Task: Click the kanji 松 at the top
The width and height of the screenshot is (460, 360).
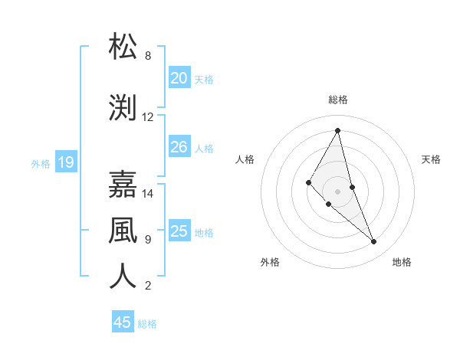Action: (x=123, y=47)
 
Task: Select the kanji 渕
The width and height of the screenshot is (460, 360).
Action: (x=123, y=108)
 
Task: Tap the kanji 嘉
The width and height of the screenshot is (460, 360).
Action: (x=123, y=185)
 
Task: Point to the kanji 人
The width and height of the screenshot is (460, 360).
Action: (x=123, y=277)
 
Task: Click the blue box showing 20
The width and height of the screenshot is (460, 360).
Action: (x=179, y=78)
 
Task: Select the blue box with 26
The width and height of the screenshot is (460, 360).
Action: (x=179, y=147)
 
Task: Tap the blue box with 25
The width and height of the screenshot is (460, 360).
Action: (x=179, y=231)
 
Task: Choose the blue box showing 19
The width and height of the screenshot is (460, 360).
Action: (x=65, y=162)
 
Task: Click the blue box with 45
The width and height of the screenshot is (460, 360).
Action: (x=123, y=322)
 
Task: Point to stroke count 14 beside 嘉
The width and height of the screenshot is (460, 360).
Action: (x=148, y=194)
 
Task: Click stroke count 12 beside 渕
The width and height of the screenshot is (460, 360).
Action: (x=148, y=117)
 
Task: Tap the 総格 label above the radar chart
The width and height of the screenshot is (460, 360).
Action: (x=337, y=100)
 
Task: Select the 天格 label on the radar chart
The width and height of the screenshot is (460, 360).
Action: (x=431, y=159)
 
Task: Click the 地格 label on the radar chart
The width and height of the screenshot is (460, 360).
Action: (x=402, y=262)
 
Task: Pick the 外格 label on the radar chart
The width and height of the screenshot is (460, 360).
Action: (x=270, y=262)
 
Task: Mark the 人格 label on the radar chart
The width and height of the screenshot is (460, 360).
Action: (x=245, y=159)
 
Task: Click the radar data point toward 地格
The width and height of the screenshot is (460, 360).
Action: (x=374, y=242)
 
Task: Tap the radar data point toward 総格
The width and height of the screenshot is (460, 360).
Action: (x=337, y=130)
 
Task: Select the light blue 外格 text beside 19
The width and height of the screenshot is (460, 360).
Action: (x=41, y=163)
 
